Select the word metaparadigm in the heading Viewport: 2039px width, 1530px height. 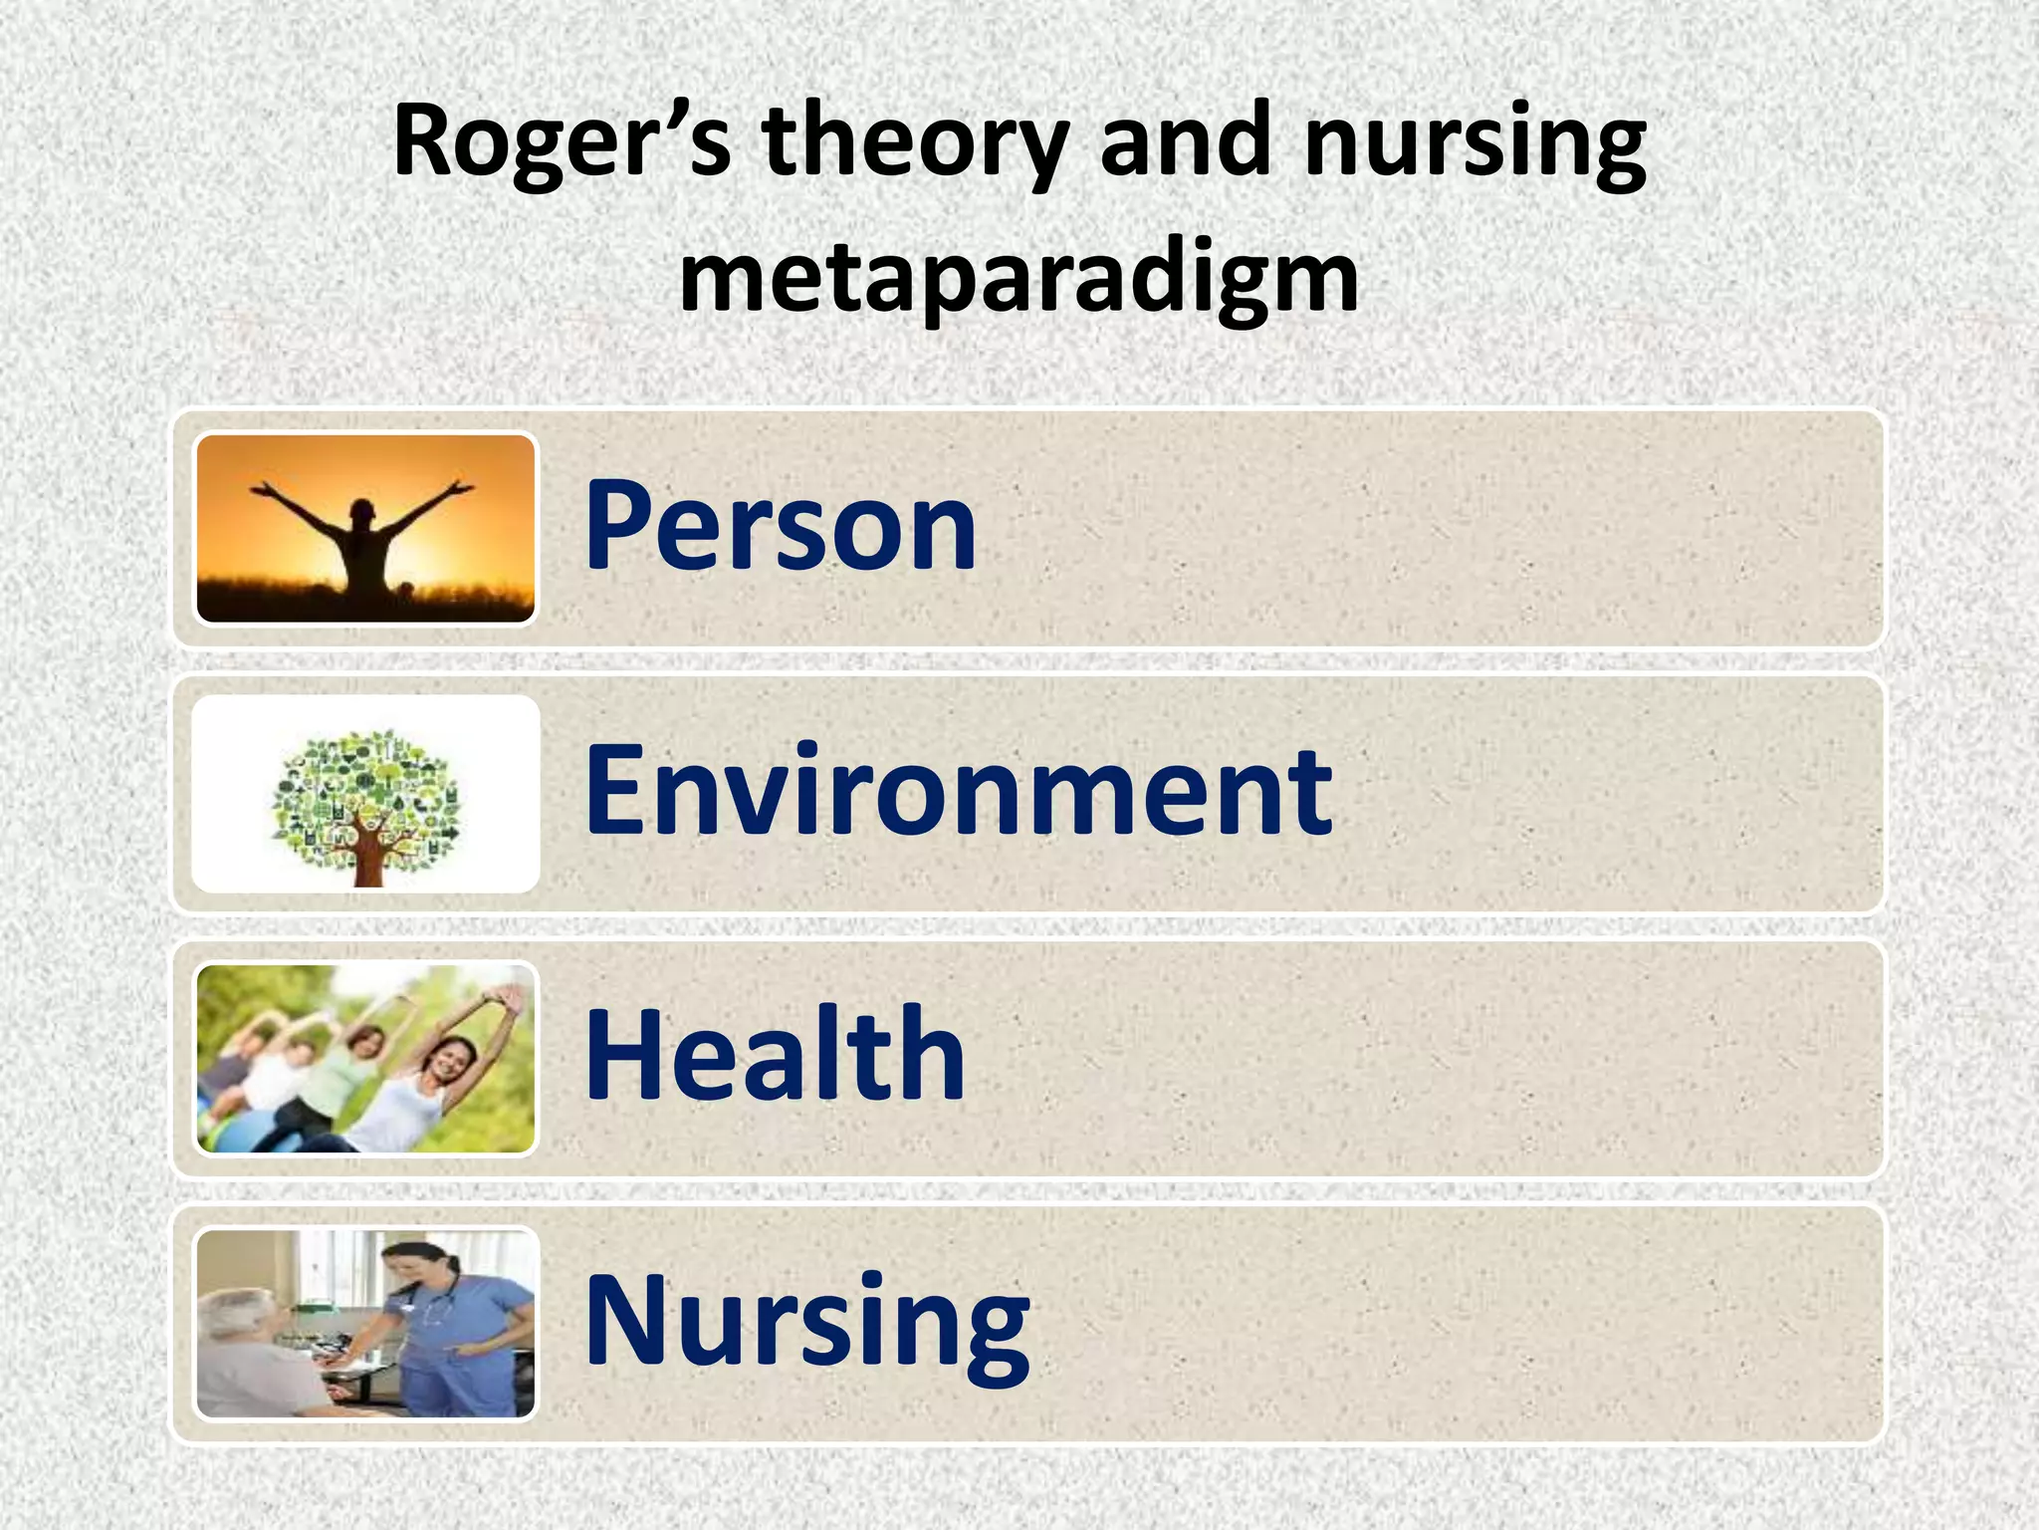tap(1019, 279)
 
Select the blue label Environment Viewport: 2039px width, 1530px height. tap(958, 791)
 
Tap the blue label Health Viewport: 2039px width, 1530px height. tap(775, 1056)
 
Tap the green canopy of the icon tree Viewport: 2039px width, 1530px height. tap(365, 787)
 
